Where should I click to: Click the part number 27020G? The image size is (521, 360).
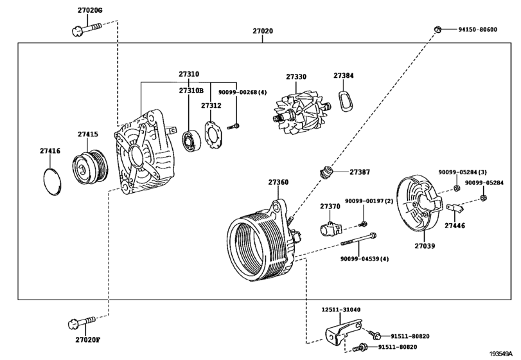pyautogui.click(x=90, y=10)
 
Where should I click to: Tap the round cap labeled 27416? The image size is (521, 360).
pyautogui.click(x=53, y=182)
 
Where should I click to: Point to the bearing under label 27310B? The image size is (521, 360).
pyautogui.click(x=191, y=141)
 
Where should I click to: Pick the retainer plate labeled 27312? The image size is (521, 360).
pyautogui.click(x=213, y=134)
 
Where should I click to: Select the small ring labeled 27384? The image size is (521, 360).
pyautogui.click(x=345, y=100)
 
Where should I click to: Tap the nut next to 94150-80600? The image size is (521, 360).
pyautogui.click(x=437, y=30)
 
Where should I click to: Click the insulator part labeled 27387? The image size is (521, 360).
pyautogui.click(x=325, y=172)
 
